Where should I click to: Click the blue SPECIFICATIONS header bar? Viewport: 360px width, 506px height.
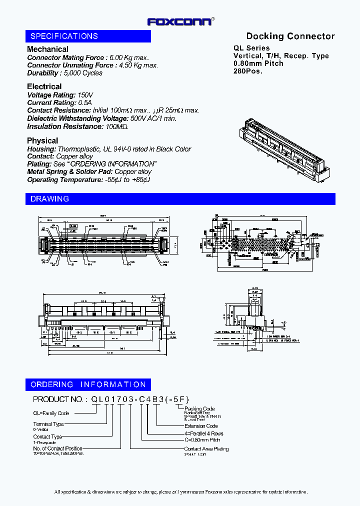(88, 36)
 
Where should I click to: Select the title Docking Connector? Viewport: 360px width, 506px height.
(290, 36)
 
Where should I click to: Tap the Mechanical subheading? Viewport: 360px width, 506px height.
(47, 49)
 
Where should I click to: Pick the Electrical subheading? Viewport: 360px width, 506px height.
(44, 86)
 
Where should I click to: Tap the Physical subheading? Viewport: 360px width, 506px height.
(42, 140)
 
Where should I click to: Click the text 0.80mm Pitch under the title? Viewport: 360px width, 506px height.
(258, 63)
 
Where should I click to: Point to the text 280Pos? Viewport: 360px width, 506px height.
(248, 71)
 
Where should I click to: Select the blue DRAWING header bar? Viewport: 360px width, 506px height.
(180, 198)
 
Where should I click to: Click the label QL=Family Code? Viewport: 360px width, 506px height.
(51, 413)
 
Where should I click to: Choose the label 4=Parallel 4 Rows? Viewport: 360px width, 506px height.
(203, 433)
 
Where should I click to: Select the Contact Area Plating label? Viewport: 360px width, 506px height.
(206, 449)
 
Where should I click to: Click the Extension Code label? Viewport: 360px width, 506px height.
(201, 426)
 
